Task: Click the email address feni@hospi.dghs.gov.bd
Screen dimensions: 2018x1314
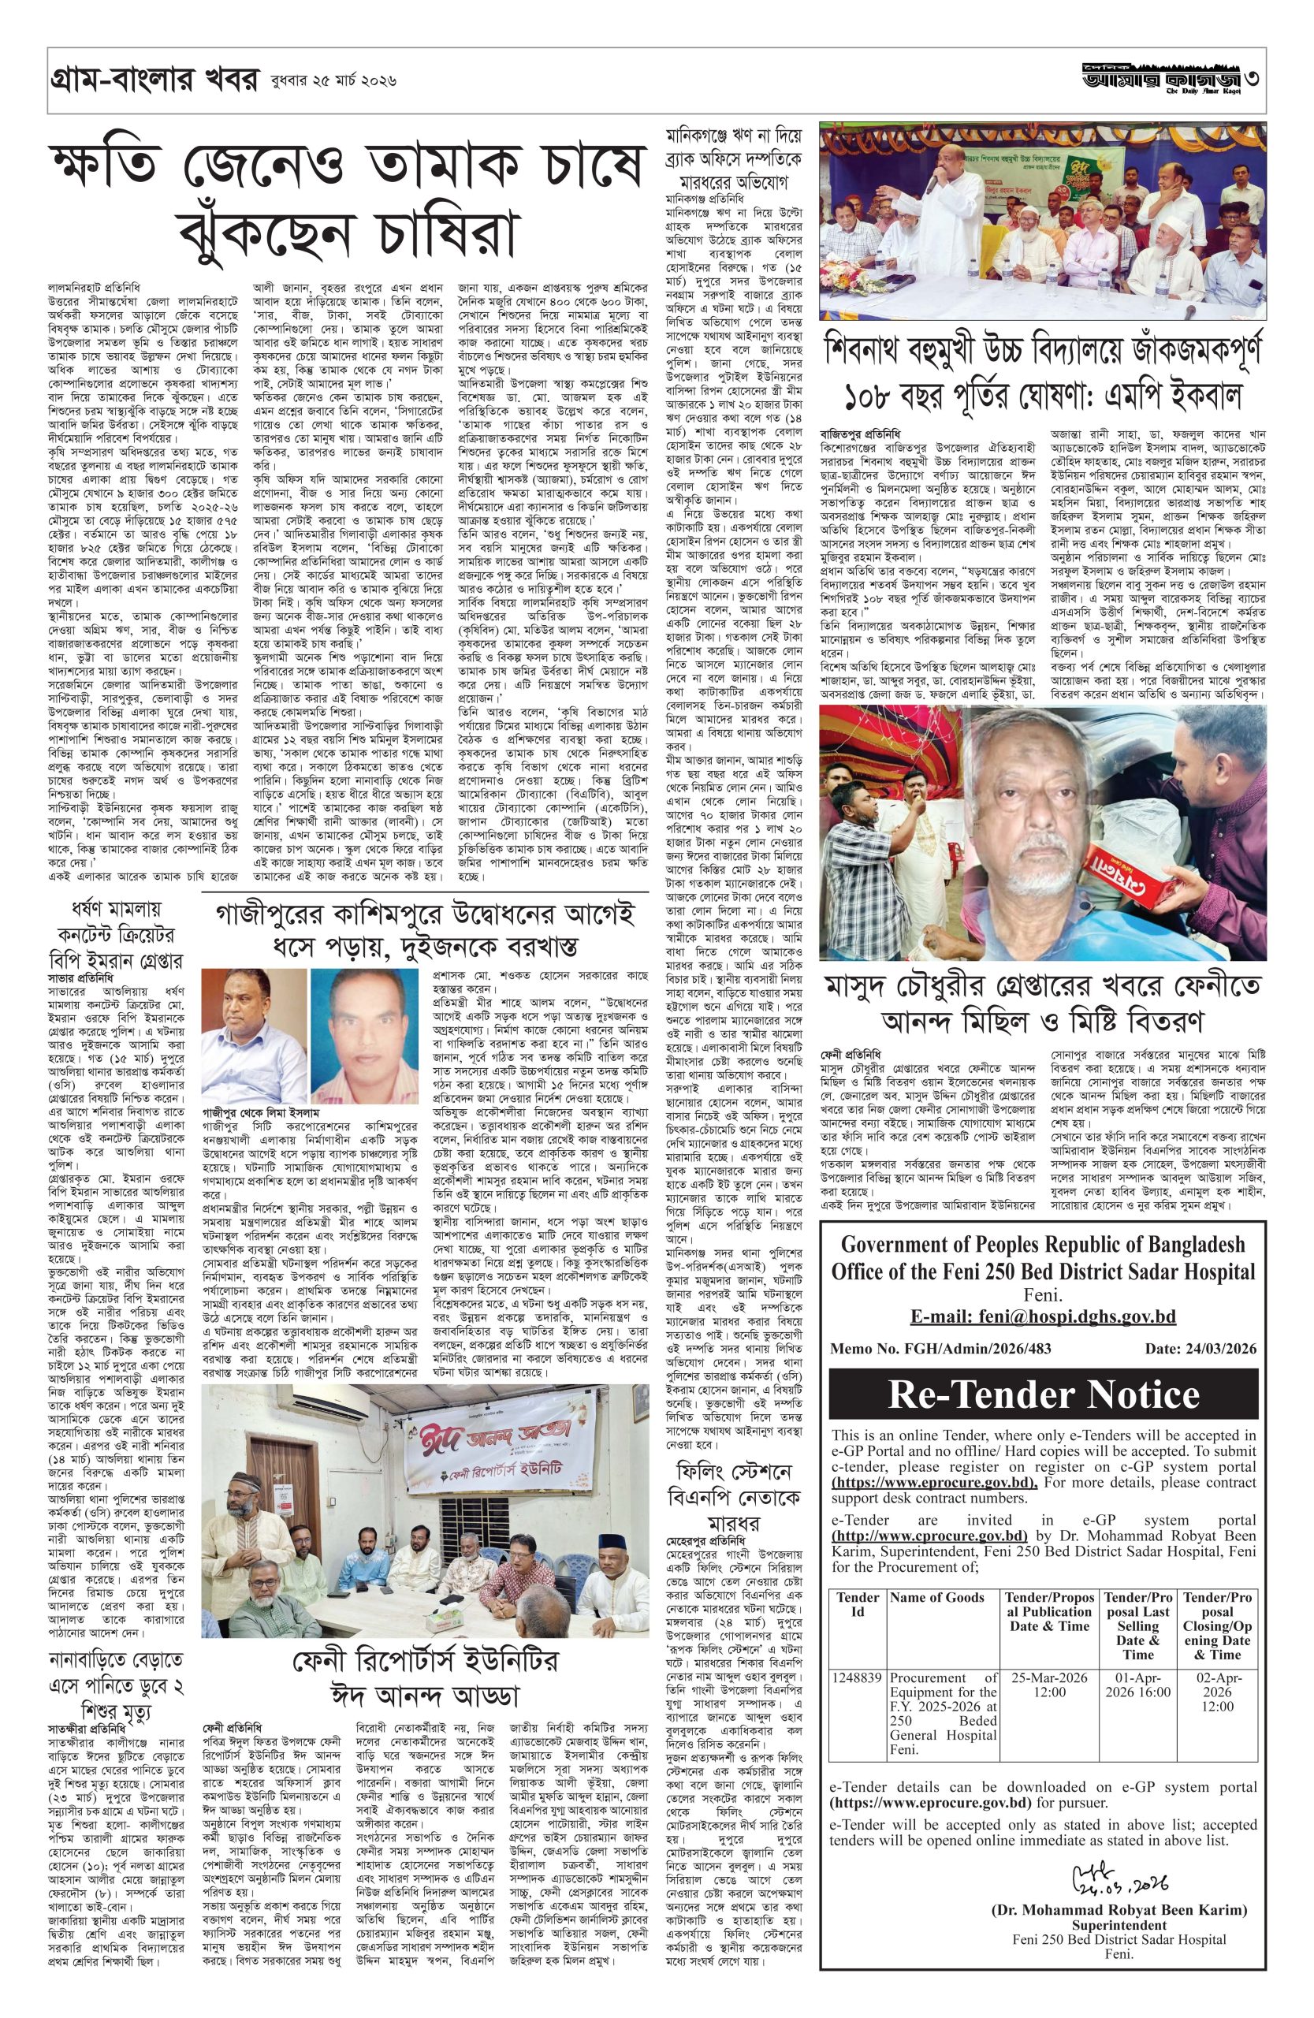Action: (x=1043, y=1316)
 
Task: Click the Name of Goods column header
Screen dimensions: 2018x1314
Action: (x=936, y=1597)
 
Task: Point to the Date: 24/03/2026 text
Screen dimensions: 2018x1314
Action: (x=1200, y=1348)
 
